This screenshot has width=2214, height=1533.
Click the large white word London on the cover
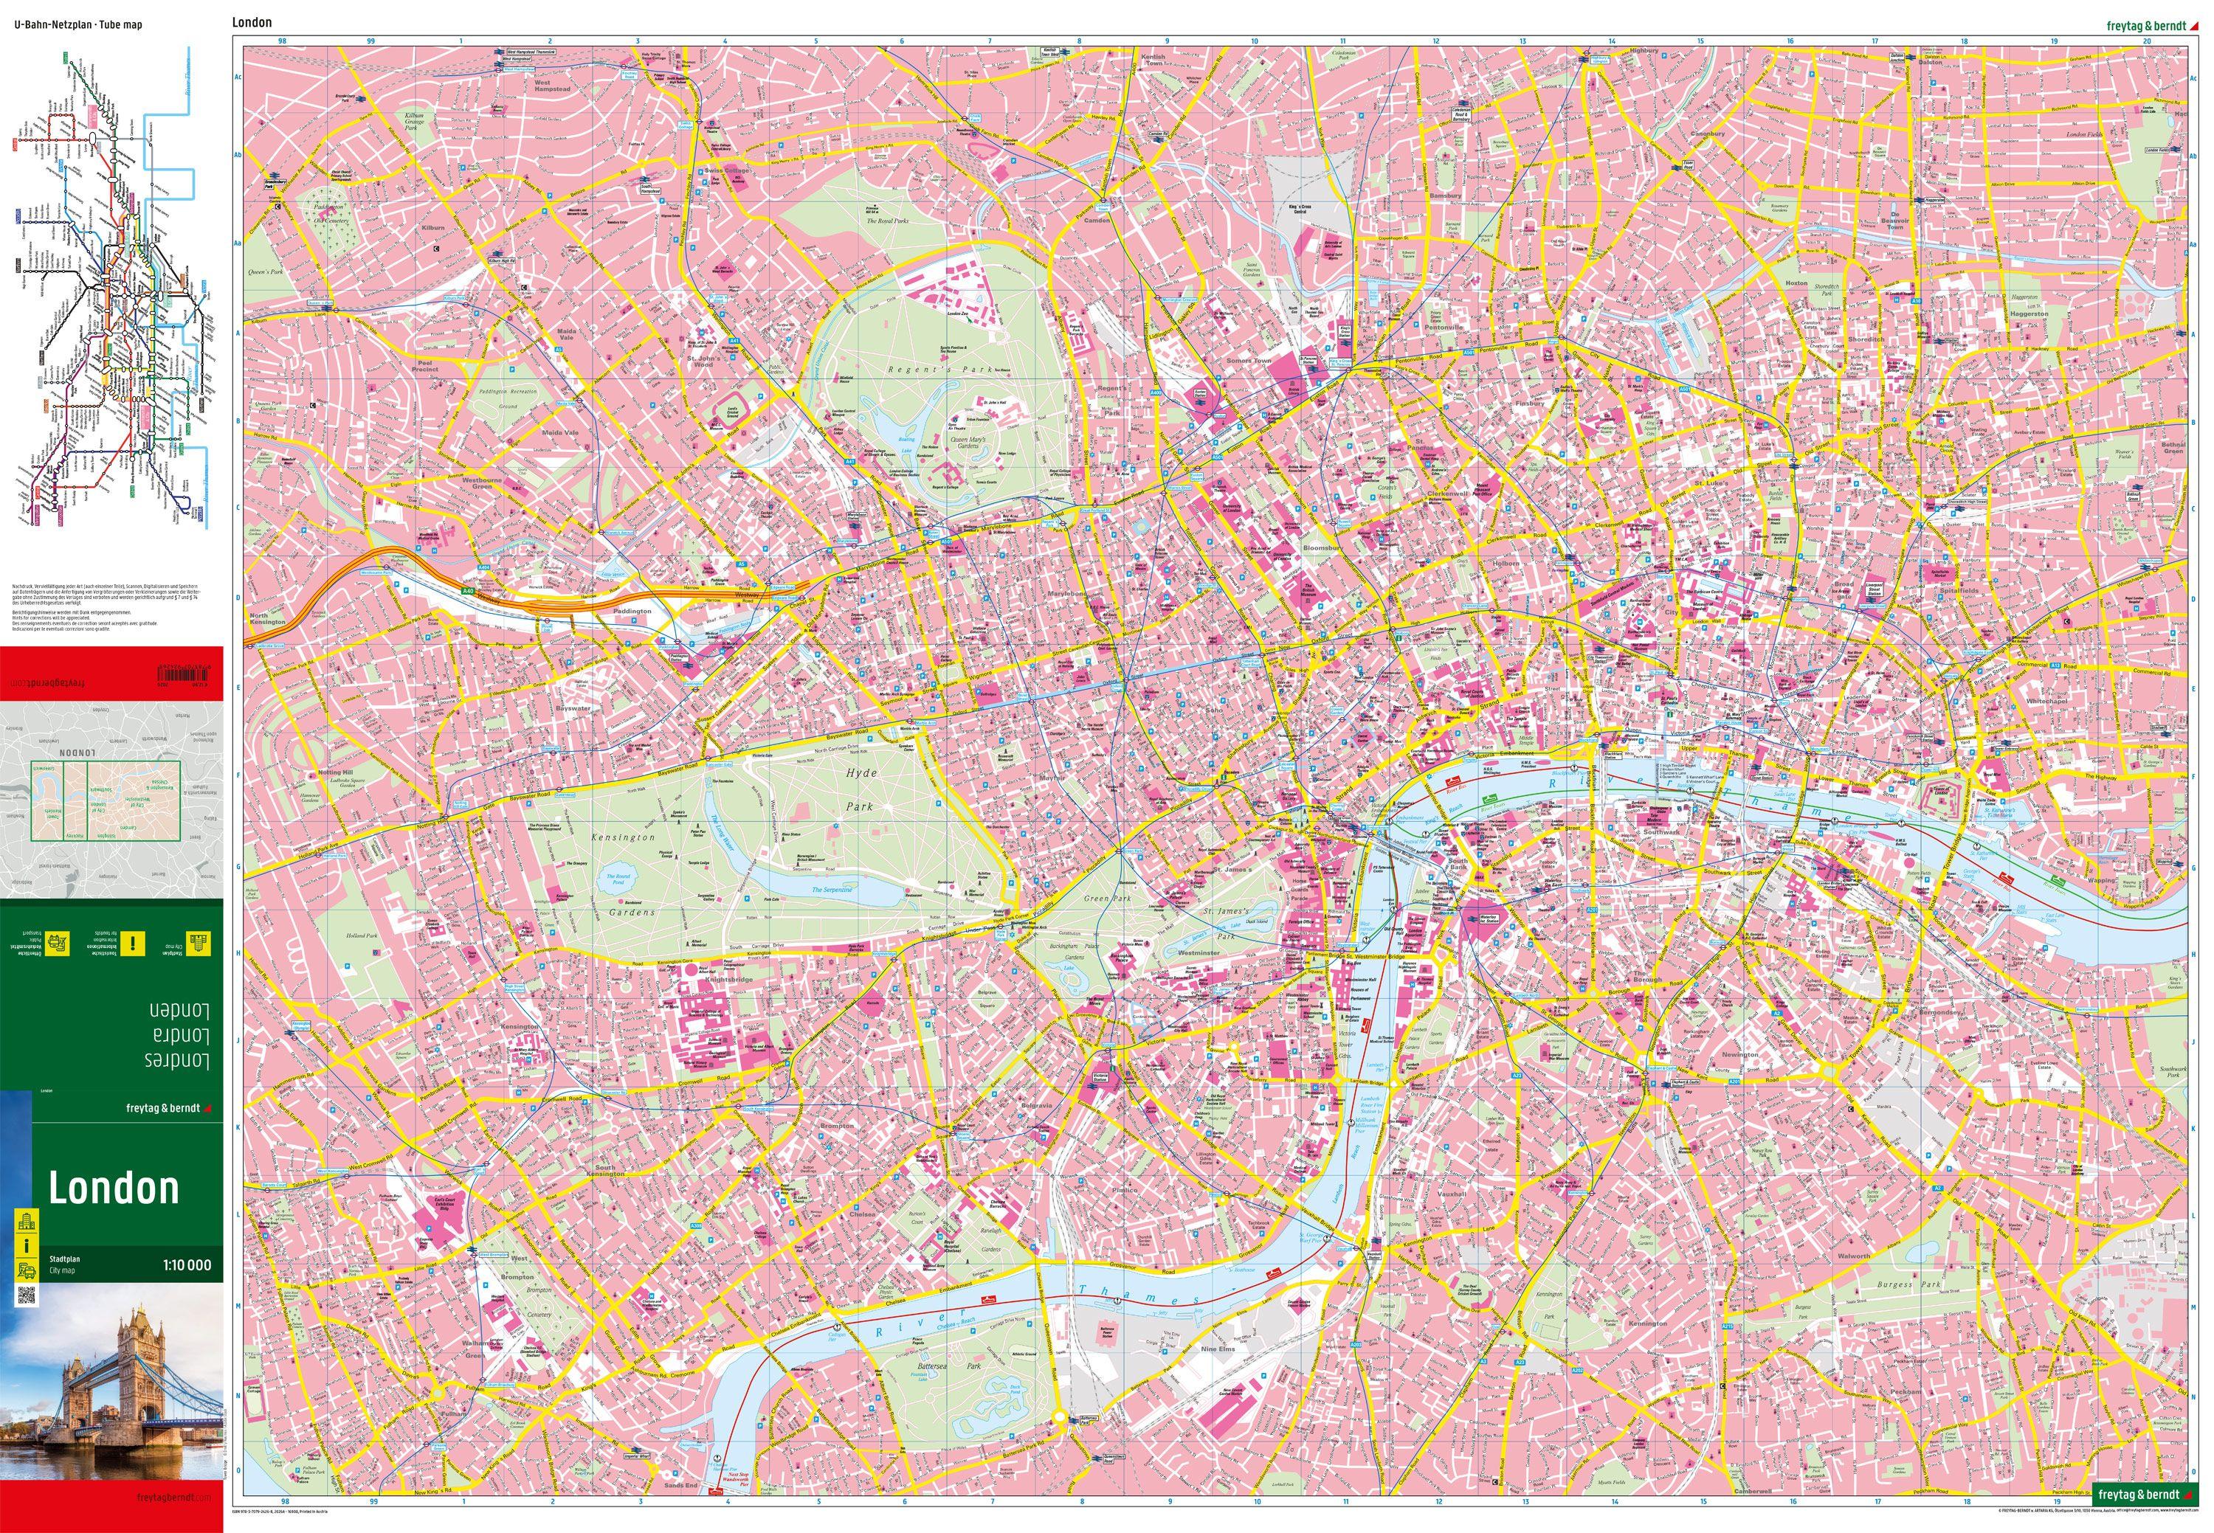coord(114,1189)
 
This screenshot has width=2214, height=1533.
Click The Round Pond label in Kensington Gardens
coord(617,877)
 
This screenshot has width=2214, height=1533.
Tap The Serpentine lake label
coord(830,890)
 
